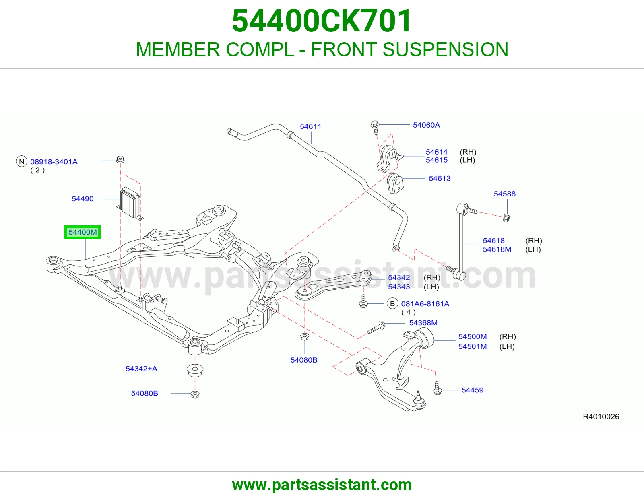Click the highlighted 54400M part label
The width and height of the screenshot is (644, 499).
tap(83, 232)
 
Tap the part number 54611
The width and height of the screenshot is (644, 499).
tap(310, 126)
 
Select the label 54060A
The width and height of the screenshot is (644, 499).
tap(426, 125)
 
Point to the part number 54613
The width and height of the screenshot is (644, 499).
tap(440, 178)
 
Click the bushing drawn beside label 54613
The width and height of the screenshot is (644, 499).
tap(395, 184)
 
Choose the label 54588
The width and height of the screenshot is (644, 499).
tap(504, 194)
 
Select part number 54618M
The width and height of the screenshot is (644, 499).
tap(497, 249)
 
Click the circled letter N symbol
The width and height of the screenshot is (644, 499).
tap(21, 161)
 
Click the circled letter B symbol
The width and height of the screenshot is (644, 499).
tap(392, 304)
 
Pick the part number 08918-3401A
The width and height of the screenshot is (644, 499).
tap(54, 162)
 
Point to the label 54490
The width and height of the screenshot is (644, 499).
tap(83, 199)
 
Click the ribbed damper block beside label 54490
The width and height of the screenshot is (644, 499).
tap(130, 203)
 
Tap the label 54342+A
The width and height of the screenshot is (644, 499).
tap(141, 369)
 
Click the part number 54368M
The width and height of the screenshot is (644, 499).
tap(423, 323)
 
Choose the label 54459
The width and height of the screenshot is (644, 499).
tap(473, 390)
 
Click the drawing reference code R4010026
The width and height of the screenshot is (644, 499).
tap(601, 417)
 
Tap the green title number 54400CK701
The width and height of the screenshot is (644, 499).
tap(322, 21)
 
